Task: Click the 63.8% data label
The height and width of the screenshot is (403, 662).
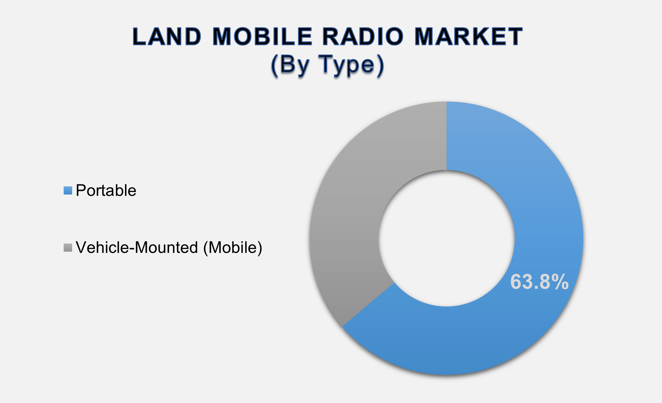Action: coord(539,282)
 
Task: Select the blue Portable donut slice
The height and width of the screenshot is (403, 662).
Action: coord(536,195)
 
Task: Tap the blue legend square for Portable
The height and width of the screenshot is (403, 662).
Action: coord(68,191)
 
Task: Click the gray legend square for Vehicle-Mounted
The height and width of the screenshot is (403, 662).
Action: coord(68,248)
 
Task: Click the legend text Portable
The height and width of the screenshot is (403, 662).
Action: coord(106,191)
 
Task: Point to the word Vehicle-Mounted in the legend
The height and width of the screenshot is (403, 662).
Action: coord(137,248)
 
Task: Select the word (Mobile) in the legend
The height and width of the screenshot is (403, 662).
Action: coord(233,248)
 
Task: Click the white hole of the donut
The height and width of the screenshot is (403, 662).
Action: coord(446,238)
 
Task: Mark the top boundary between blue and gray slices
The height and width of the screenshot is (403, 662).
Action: coord(446,136)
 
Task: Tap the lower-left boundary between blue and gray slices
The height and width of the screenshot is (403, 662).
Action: coord(368,305)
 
